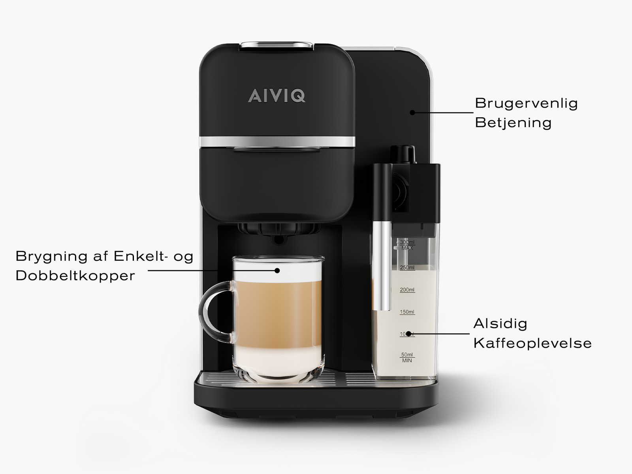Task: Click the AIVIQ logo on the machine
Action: [276, 96]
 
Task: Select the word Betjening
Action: [513, 123]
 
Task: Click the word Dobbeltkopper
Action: [75, 276]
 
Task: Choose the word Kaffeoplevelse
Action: [532, 343]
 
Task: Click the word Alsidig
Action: [500, 324]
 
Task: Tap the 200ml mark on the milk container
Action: [407, 290]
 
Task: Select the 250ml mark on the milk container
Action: [407, 268]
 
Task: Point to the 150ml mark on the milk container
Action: [407, 312]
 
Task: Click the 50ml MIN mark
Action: [407, 357]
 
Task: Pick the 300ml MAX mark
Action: [407, 245]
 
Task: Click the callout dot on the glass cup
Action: [277, 271]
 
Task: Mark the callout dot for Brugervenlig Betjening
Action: [412, 113]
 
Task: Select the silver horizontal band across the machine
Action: [277, 141]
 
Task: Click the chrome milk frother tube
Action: [382, 265]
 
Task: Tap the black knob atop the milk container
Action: [403, 152]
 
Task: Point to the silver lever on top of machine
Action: [277, 45]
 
